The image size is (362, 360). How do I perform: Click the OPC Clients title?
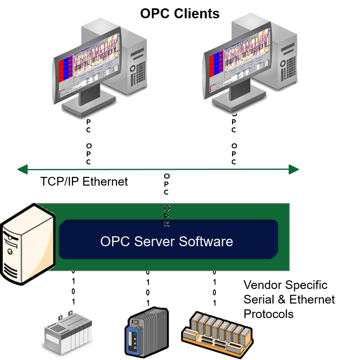[179, 13]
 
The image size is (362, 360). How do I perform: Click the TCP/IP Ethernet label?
[84, 181]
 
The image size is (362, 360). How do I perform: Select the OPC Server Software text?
[166, 241]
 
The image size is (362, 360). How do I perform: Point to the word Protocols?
[268, 314]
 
